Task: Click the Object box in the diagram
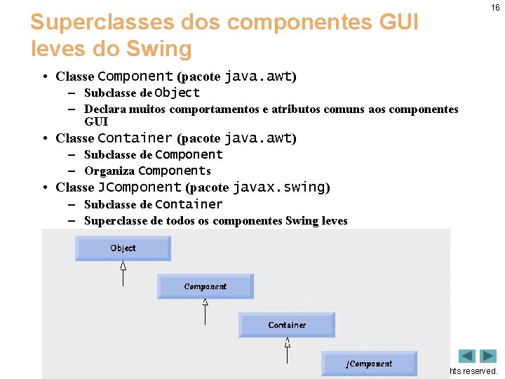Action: pos(123,248)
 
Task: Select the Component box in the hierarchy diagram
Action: pos(205,286)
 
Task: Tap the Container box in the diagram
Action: pos(287,325)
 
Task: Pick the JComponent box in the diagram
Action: pos(369,364)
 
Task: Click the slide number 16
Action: pos(494,8)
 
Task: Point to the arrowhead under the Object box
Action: pos(123,265)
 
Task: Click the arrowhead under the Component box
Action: pos(206,303)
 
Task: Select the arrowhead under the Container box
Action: pos(288,343)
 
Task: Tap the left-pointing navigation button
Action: pos(467,356)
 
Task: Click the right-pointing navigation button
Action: pos(488,356)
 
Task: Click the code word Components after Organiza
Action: pos(175,171)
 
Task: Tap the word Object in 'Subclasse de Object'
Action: pos(177,93)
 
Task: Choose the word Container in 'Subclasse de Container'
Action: pos(189,204)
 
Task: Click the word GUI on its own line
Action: pos(96,121)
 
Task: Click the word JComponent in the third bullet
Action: pos(140,187)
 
